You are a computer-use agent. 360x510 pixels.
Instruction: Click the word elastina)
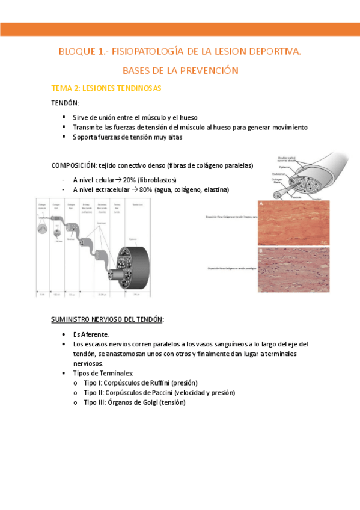coord(215,190)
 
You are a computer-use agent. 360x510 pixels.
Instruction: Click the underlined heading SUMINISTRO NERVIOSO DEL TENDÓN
coord(107,318)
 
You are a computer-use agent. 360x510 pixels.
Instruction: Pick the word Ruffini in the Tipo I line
coord(158,382)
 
